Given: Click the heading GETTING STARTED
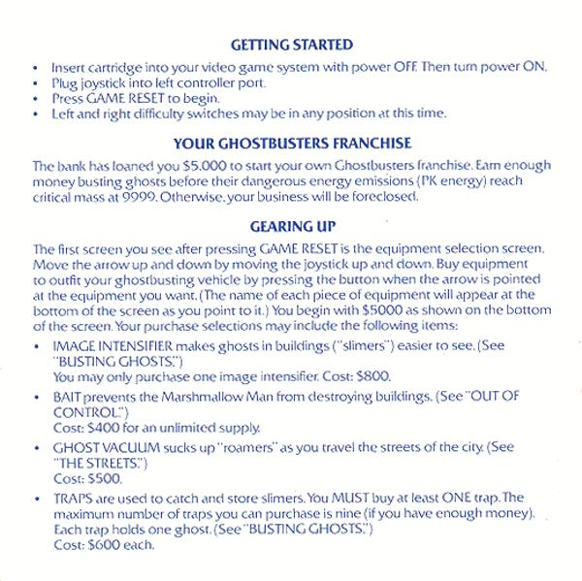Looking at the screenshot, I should click(x=291, y=45).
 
